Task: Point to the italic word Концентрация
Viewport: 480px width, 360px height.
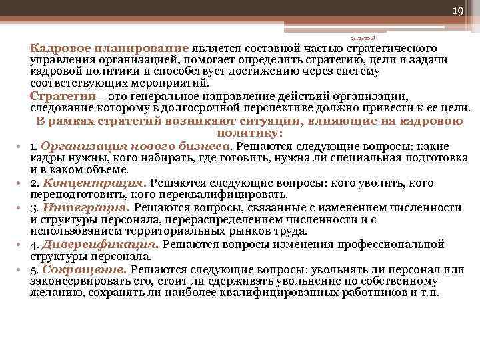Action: (x=94, y=183)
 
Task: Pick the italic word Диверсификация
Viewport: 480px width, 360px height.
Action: (x=101, y=244)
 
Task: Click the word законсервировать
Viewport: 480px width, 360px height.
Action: (x=83, y=281)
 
